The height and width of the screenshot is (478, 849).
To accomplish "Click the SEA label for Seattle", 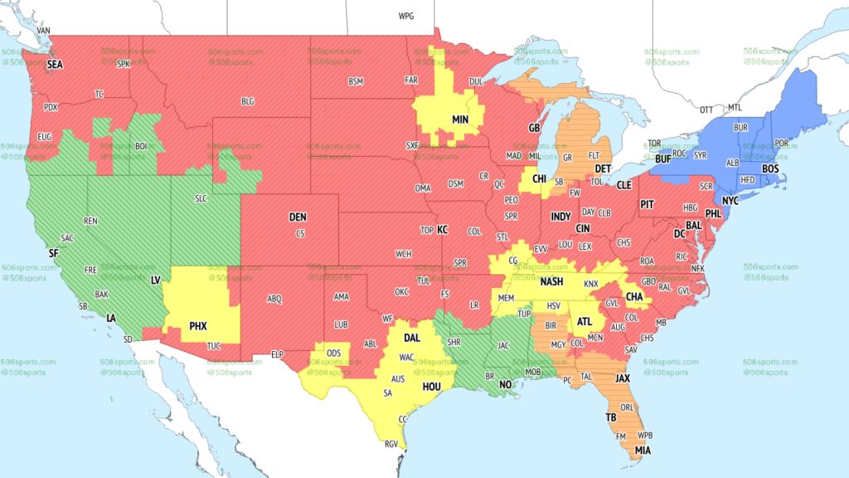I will (55, 63).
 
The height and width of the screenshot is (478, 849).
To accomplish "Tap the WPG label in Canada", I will (406, 17).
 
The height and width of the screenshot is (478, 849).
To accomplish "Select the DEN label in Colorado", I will (298, 217).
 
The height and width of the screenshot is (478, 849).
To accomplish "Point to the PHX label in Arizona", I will (198, 326).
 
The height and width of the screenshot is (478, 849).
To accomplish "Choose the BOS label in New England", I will (770, 169).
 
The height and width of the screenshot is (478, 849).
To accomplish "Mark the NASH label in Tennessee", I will (552, 282).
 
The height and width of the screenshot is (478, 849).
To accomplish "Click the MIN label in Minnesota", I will (460, 119).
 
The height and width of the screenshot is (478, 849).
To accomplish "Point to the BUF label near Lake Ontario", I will (662, 159).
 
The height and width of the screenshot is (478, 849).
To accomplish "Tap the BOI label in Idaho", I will (141, 146).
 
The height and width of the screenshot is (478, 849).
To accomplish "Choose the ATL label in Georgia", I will (585, 322).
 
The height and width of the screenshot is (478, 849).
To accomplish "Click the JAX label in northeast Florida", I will (622, 378).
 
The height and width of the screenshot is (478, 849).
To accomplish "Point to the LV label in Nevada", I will (155, 281).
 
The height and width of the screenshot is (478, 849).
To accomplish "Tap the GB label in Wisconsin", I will (534, 129).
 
